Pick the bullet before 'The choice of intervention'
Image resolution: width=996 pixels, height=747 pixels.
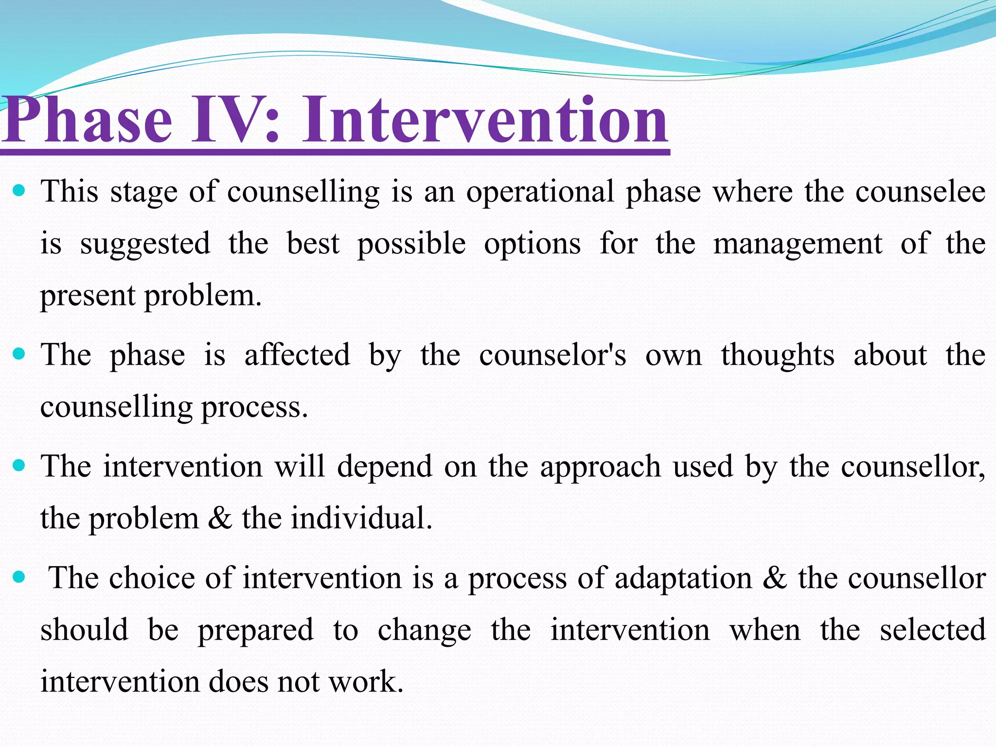[x=19, y=577]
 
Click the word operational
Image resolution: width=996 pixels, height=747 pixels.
[x=540, y=192]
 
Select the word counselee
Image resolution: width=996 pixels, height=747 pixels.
[x=920, y=192]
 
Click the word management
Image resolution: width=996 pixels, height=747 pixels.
[x=797, y=244]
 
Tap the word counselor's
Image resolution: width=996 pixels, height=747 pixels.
[x=552, y=355]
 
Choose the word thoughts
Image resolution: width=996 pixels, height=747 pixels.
[x=777, y=355]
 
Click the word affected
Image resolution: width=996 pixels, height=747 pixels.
[x=297, y=355]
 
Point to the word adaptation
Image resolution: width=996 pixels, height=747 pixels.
[x=683, y=579]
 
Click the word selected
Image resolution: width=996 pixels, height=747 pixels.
[x=932, y=630]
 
